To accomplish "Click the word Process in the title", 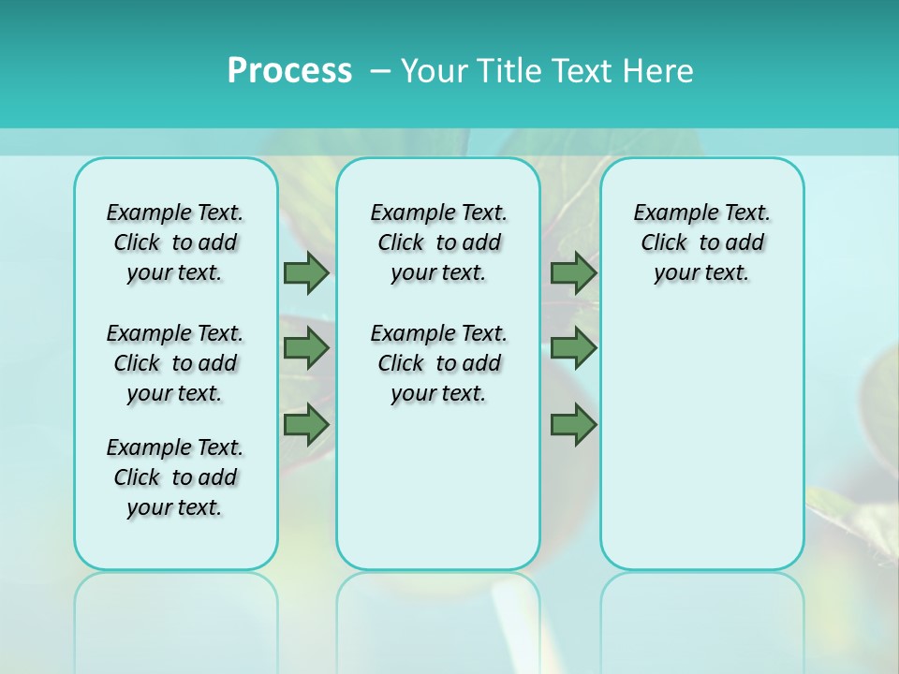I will point(289,71).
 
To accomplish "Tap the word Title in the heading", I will point(509,71).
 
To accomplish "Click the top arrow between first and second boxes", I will point(306,272).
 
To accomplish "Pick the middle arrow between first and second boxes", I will point(306,348).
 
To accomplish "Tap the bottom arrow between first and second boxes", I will point(306,425).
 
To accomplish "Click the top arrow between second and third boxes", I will point(573,272).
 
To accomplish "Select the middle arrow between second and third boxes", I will point(573,348).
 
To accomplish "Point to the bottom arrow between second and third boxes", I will point(573,425).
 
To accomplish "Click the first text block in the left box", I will point(175,242).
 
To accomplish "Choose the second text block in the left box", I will point(175,363).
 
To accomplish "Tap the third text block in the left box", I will point(175,477).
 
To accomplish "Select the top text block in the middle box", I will point(438,242).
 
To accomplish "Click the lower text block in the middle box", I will point(438,363).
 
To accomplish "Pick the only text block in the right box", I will point(701,242).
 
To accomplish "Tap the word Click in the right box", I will point(664,243).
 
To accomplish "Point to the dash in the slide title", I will point(380,71).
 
